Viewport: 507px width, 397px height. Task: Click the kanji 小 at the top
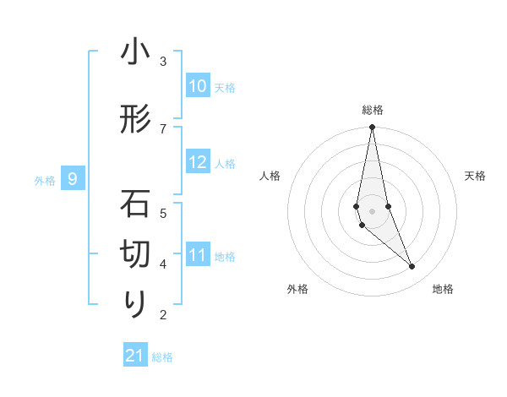tap(135, 52)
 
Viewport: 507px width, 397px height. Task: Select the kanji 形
tap(135, 120)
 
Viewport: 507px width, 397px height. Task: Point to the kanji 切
tap(135, 253)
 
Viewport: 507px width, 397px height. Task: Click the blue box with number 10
tap(198, 86)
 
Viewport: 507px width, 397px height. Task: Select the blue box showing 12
tap(198, 163)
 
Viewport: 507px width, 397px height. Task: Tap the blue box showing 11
tap(198, 254)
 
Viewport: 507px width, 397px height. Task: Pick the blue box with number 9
tap(74, 179)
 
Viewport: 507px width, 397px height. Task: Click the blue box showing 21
tap(135, 356)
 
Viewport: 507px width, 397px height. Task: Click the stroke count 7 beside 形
tap(163, 128)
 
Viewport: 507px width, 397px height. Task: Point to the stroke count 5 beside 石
tap(163, 212)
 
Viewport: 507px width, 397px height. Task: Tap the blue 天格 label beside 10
tap(225, 87)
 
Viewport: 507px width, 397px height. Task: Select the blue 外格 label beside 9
tap(45, 180)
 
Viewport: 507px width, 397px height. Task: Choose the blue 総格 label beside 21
tap(162, 357)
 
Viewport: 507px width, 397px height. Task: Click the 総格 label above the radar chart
tap(373, 110)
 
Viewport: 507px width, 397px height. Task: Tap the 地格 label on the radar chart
tap(443, 289)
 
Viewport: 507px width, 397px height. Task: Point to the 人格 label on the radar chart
tap(270, 176)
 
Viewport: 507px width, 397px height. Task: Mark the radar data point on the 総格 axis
tap(372, 128)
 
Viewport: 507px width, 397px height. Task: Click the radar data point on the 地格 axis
tap(412, 267)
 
